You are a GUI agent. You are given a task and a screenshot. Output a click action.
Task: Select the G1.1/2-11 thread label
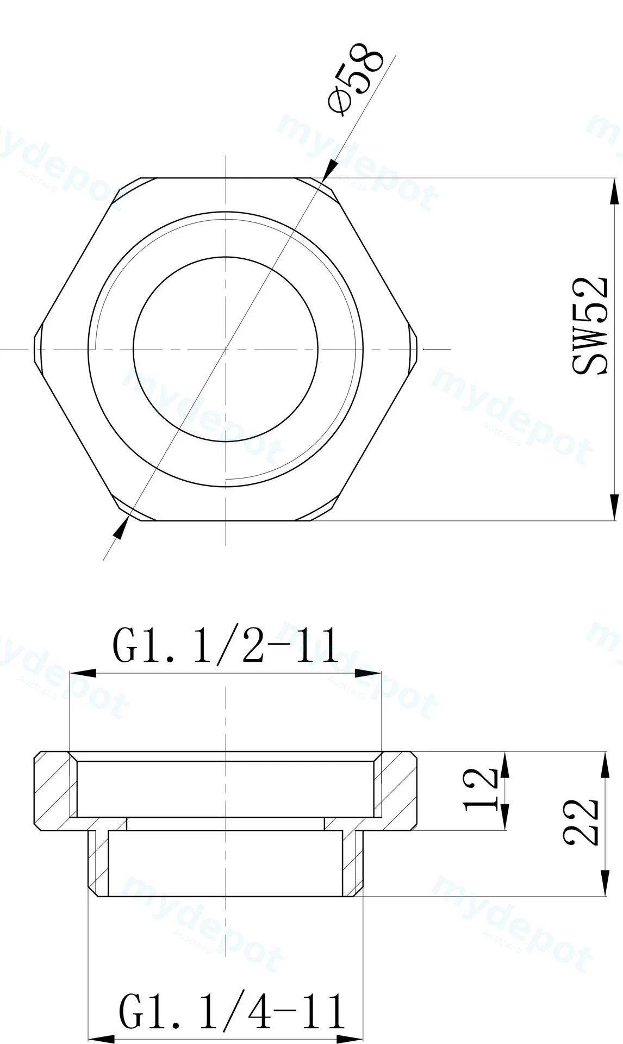226,645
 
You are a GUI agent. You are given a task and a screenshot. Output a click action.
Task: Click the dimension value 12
482,791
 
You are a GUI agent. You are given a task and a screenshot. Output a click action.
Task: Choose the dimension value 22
581,822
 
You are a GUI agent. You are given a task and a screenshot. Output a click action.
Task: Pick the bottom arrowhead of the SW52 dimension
614,507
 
